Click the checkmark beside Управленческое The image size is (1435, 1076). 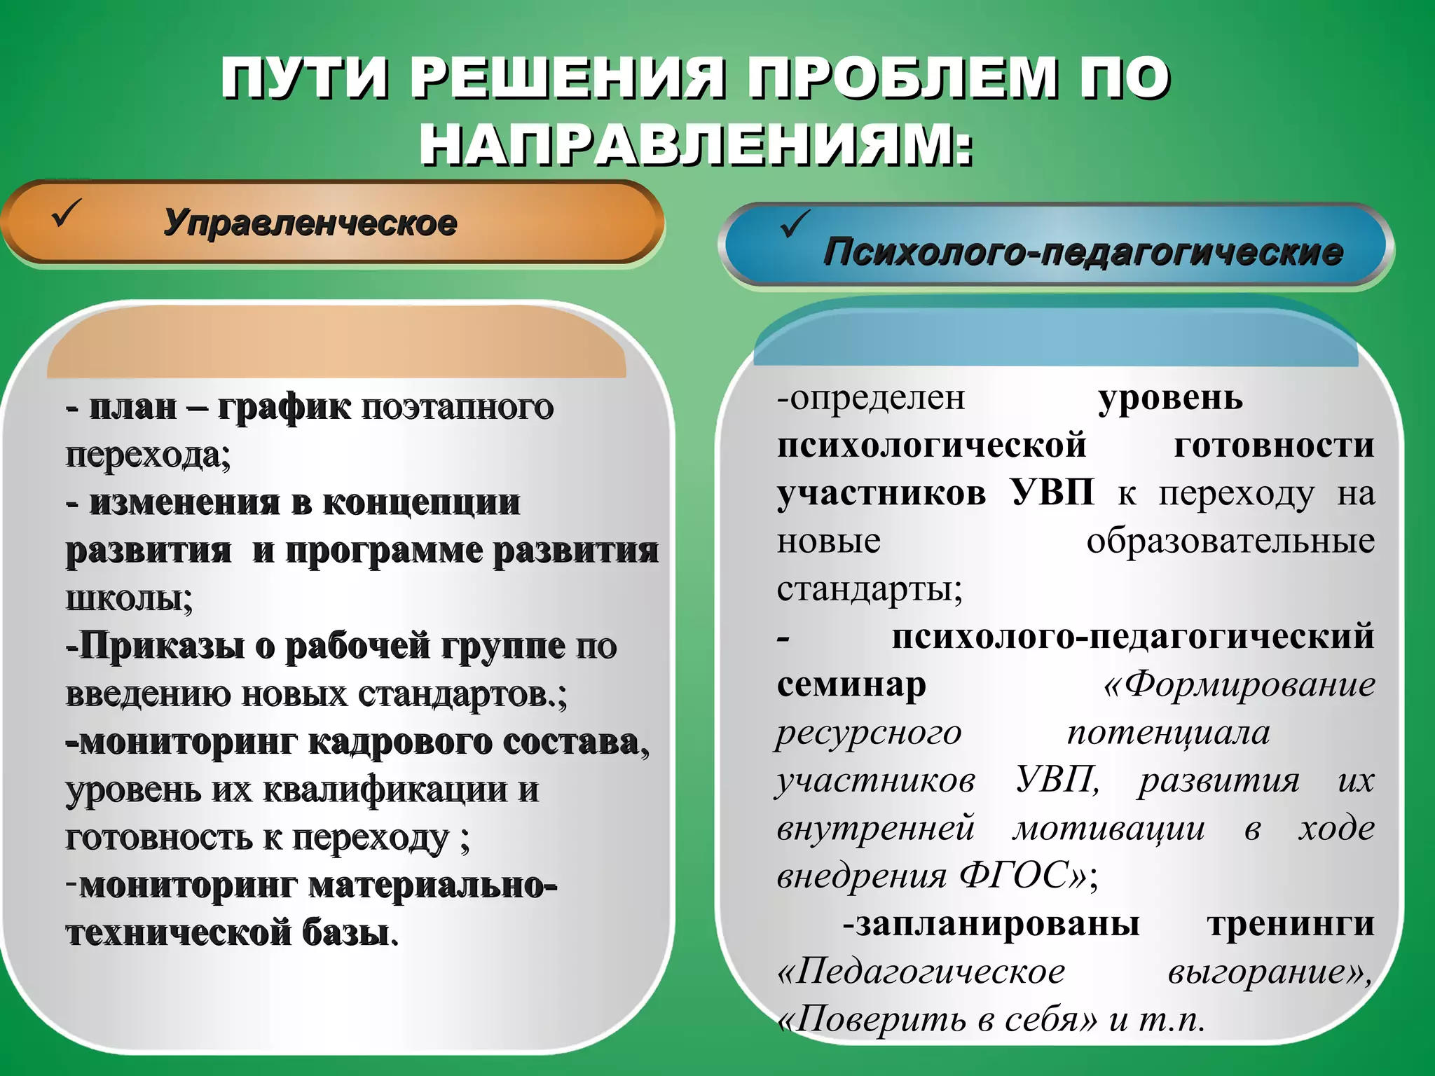[67, 213]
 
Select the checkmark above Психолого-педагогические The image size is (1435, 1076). [795, 224]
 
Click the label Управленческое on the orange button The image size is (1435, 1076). [310, 223]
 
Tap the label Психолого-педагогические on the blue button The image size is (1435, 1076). [1083, 252]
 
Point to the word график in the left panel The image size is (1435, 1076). [284, 408]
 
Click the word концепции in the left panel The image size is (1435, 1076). [421, 503]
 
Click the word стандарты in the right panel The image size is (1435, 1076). [867, 590]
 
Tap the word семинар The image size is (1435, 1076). [851, 684]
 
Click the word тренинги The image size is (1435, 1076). [1290, 924]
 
